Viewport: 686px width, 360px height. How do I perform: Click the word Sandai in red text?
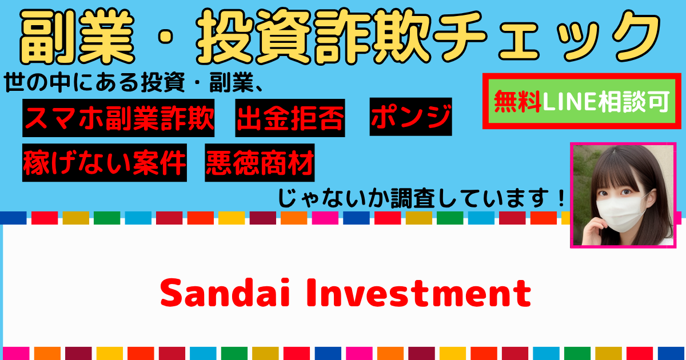(225, 293)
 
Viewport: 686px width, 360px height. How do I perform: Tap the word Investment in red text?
(419, 293)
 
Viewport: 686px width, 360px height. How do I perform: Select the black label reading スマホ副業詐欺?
(118, 118)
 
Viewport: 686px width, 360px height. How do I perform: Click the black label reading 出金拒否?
(290, 118)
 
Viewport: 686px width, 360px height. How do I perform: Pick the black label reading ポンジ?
(410, 117)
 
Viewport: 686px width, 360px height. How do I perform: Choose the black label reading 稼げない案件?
(105, 162)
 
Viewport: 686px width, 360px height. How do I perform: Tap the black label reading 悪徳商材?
(260, 162)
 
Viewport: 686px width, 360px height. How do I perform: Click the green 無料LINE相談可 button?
(581, 101)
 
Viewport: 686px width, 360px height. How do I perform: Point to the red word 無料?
(517, 101)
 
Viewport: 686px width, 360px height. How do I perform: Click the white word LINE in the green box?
(569, 102)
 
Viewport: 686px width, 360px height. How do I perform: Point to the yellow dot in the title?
(166, 37)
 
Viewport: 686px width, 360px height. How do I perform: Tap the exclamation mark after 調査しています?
(561, 198)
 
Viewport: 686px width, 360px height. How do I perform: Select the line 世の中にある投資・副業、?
(134, 82)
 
